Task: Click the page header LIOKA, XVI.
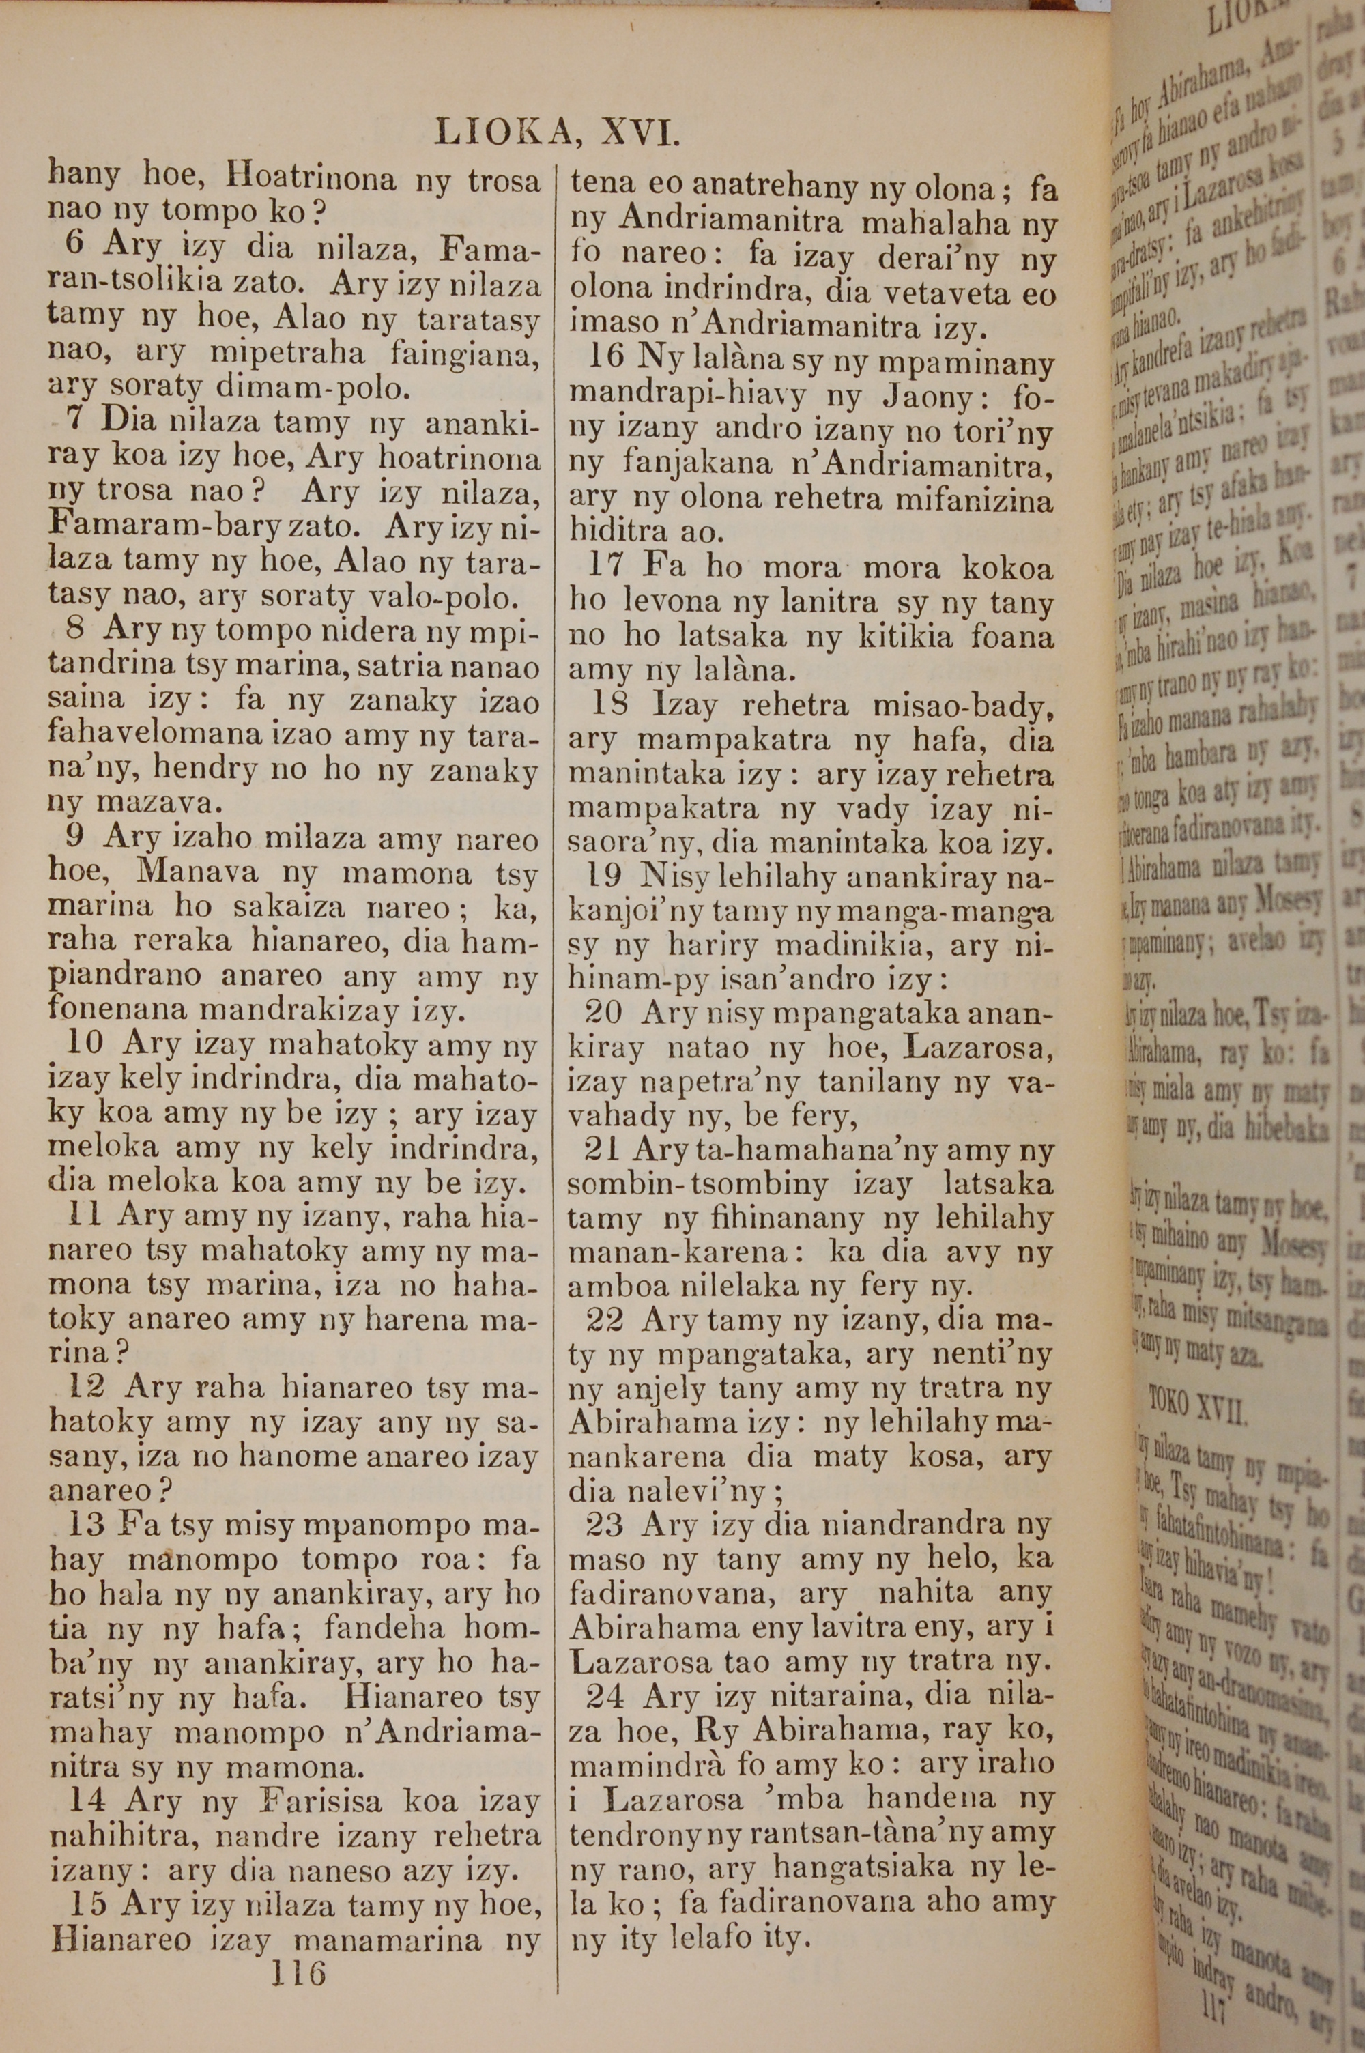556,132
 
